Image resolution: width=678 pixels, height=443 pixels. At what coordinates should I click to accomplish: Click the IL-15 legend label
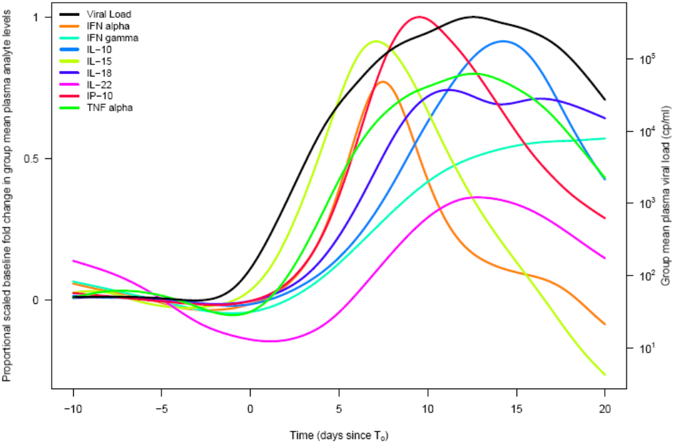tap(98, 61)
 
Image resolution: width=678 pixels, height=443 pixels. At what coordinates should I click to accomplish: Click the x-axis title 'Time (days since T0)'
tap(338, 436)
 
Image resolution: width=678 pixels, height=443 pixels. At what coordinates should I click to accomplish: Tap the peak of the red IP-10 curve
tap(419, 17)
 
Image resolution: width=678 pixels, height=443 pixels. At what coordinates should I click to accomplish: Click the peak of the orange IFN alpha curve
tap(382, 82)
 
